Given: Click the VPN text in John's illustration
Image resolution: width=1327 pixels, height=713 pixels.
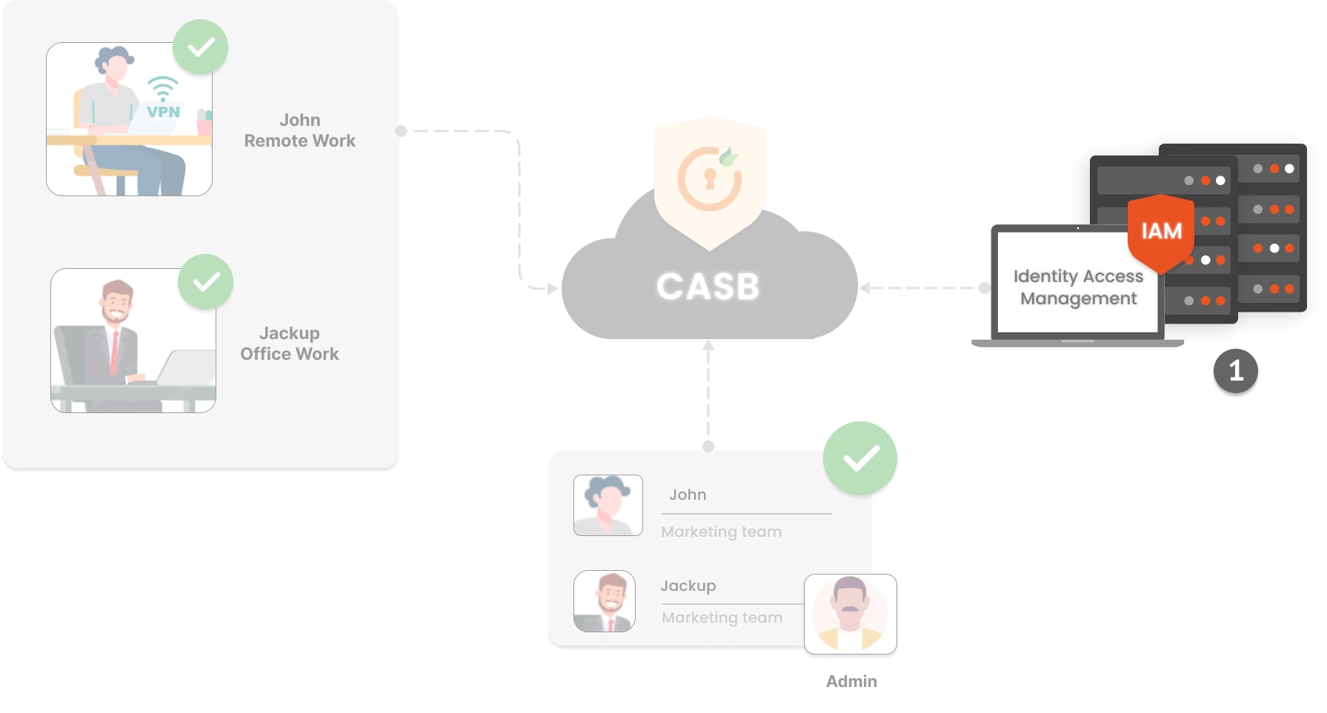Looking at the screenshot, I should click(x=163, y=112).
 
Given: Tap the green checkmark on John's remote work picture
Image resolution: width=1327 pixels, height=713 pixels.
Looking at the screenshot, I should click(x=200, y=47).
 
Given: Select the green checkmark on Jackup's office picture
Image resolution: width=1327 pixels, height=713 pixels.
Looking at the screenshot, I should click(x=206, y=282).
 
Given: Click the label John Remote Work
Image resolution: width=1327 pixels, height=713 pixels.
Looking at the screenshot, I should click(x=299, y=130).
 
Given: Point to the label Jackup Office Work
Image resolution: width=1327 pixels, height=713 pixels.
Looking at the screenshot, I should click(x=289, y=344).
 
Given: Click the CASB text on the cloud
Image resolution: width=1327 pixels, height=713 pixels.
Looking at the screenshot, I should click(x=708, y=287).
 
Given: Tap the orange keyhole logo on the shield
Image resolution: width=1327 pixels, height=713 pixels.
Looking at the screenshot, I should click(x=709, y=178).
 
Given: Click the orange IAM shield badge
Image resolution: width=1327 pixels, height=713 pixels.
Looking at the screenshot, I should click(x=1161, y=232).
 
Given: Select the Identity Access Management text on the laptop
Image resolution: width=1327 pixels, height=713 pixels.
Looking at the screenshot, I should click(x=1078, y=287).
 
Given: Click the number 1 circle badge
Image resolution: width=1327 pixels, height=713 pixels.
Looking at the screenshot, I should click(x=1236, y=370).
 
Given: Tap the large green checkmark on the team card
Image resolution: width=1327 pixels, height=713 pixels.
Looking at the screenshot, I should click(x=860, y=458).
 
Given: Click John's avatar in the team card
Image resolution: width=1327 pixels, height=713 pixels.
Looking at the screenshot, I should click(x=608, y=505).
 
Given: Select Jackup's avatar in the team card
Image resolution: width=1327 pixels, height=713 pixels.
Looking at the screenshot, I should click(x=605, y=600).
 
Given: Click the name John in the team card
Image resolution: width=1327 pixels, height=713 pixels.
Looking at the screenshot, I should click(x=688, y=495).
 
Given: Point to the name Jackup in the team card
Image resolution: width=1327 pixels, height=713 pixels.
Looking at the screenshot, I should click(x=688, y=586).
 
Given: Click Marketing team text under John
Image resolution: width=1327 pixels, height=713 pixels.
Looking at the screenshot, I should click(x=721, y=532).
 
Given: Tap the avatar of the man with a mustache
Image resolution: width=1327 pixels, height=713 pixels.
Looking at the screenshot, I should click(x=850, y=614).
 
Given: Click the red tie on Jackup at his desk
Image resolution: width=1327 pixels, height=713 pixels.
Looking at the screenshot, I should click(x=114, y=353).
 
